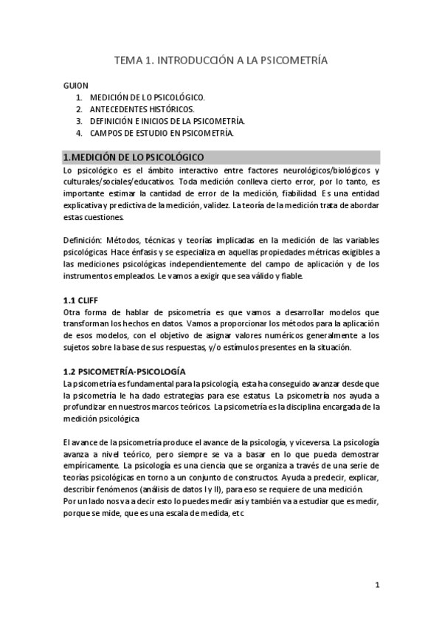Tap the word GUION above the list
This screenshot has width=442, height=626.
[x=75, y=85]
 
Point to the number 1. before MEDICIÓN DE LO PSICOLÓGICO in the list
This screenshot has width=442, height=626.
[x=79, y=97]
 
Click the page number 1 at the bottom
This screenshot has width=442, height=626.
[x=377, y=586]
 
